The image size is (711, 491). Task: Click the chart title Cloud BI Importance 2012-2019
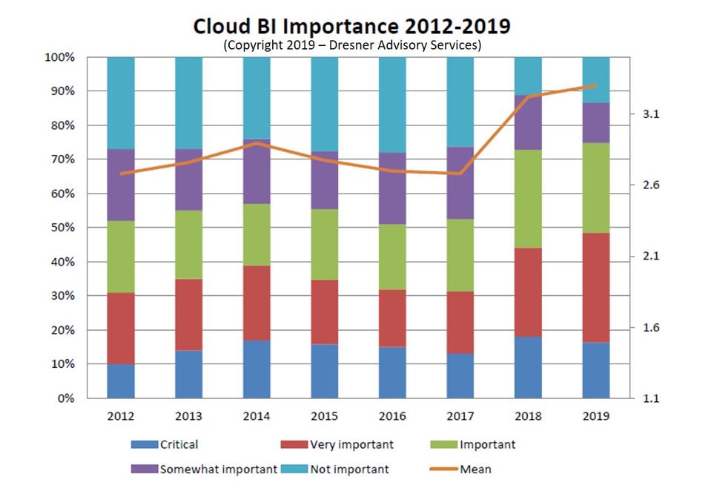(351, 26)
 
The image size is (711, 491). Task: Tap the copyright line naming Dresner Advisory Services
(352, 45)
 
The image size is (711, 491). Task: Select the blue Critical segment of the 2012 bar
(121, 381)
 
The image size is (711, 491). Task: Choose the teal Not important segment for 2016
(392, 105)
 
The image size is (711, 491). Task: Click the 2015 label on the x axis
(324, 416)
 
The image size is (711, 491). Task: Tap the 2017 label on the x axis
(460, 416)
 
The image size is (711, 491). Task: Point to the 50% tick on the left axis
(64, 228)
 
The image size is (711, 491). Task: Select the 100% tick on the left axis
(61, 57)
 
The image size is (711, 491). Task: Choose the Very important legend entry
(337, 445)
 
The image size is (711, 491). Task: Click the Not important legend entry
(337, 469)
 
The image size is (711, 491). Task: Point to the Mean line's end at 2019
(596, 85)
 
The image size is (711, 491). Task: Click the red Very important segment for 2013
(189, 314)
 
